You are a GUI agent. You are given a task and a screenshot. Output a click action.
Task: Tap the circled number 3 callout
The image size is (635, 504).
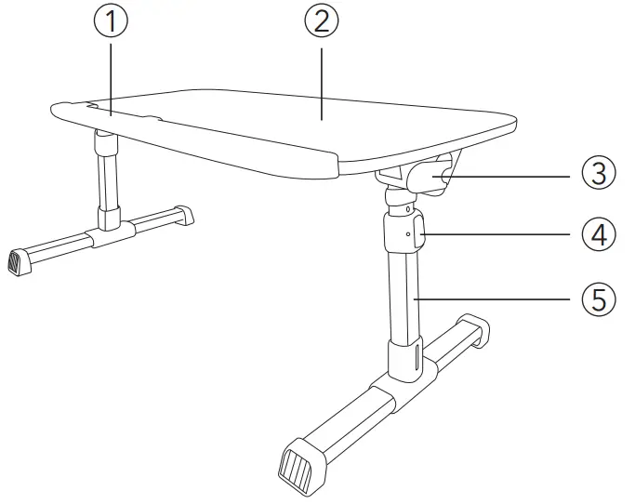(x=599, y=173)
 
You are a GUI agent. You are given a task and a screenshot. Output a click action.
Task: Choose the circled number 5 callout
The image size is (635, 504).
(x=599, y=299)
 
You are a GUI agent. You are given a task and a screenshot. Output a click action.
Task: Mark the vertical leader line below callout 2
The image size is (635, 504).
(x=322, y=79)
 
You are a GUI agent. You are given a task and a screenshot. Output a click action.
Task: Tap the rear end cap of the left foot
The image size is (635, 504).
(x=185, y=215)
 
